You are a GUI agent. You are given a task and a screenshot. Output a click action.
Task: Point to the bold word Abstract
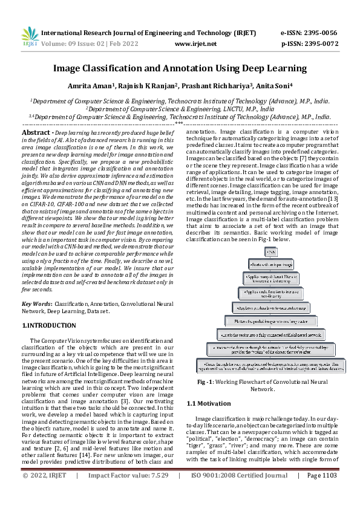[x=36, y=132]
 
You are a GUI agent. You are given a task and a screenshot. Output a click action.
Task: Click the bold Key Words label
[x=36, y=303]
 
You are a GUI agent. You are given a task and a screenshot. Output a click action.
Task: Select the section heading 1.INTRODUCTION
[x=46, y=326]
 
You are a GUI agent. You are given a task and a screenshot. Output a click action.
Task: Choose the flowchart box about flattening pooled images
[x=270, y=320]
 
